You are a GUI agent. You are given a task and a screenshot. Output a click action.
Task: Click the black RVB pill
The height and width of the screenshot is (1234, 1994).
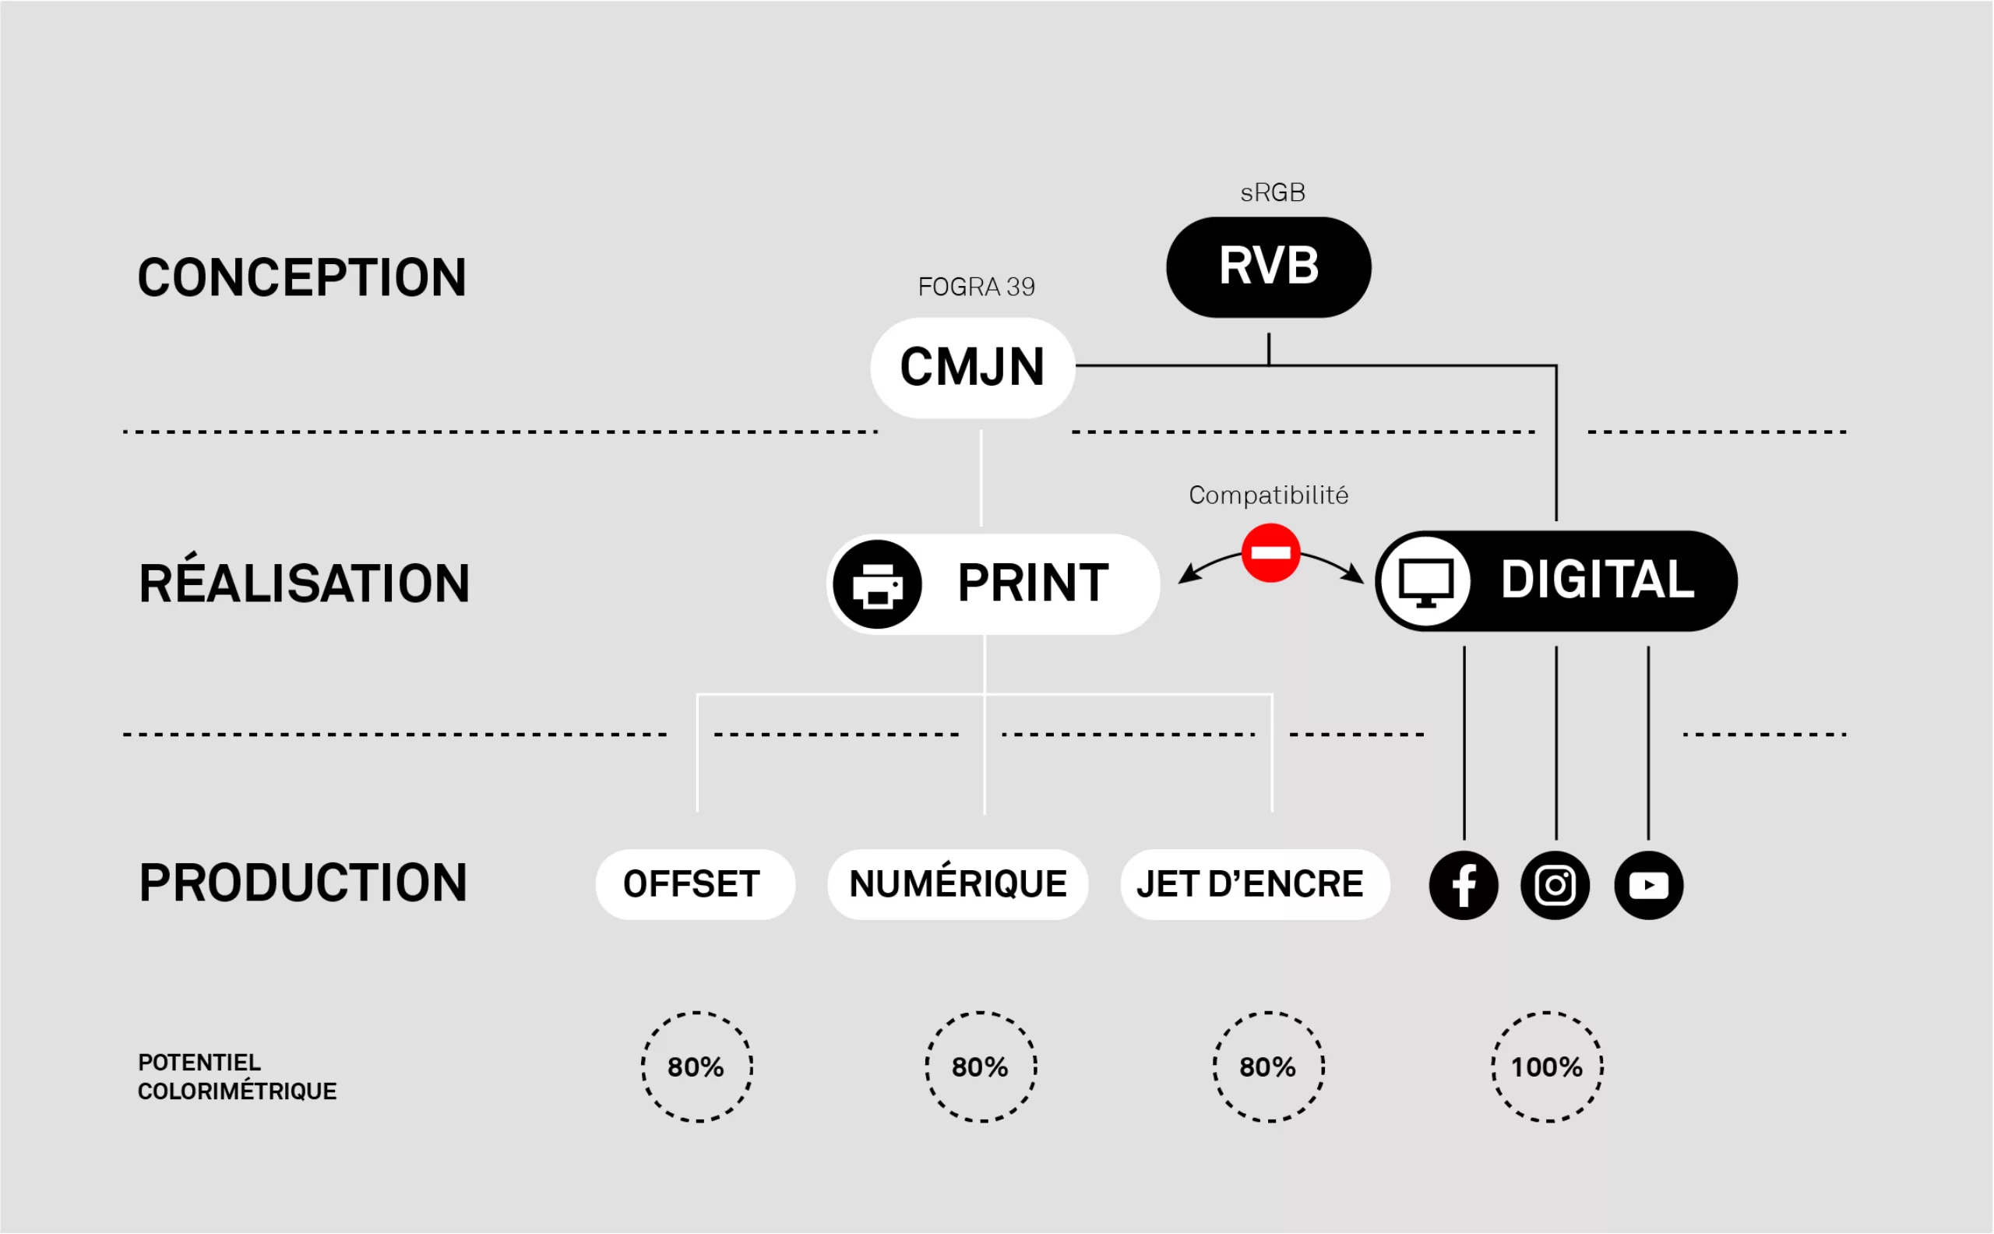click(x=1269, y=267)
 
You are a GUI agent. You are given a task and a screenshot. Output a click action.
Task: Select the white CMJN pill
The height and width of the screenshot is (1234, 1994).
click(x=973, y=367)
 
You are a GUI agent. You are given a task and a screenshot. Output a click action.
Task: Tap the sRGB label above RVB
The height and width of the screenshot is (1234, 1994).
click(x=1273, y=192)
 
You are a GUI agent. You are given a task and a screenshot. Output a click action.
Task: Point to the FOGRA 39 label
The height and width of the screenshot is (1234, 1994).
click(x=976, y=287)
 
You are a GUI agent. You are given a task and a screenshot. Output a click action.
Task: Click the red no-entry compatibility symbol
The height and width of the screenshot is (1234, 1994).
click(x=1270, y=553)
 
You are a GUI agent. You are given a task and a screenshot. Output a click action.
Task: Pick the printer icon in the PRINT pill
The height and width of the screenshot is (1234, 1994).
click(x=877, y=584)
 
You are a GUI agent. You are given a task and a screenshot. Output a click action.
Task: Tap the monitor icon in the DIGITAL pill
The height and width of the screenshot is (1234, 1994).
click(x=1425, y=582)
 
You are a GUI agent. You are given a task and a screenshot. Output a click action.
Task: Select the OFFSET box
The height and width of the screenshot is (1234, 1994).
click(x=694, y=885)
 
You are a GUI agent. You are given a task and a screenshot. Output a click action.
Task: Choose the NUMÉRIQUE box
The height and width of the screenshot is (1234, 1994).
click(x=958, y=885)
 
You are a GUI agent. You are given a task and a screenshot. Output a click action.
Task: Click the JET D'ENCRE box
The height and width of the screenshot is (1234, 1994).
click(x=1254, y=885)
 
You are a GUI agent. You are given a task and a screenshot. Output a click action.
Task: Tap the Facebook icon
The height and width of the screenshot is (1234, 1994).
click(x=1464, y=886)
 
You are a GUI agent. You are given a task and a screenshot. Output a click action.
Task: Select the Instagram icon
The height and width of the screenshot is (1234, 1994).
click(x=1555, y=886)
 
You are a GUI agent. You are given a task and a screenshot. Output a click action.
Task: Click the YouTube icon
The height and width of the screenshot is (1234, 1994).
click(x=1648, y=886)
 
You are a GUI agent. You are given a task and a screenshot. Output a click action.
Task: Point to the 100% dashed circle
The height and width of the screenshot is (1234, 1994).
click(x=1547, y=1067)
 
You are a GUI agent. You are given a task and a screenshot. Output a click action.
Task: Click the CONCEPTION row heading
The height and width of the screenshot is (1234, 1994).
click(x=302, y=277)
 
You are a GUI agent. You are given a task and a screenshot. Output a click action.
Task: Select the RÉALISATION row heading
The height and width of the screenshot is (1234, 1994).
click(x=305, y=584)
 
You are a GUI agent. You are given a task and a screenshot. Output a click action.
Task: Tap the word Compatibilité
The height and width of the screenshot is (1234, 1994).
click(x=1268, y=495)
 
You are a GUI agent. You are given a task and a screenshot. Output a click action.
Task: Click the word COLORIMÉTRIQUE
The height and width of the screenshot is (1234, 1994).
click(x=237, y=1091)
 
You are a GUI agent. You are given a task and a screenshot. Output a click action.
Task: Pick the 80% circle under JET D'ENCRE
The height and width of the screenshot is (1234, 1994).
click(x=1269, y=1067)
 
